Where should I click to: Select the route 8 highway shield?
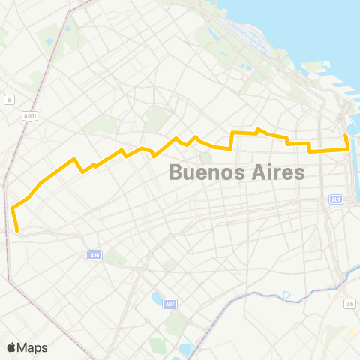coord(9,100)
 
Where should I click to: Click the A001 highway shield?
coord(29,116)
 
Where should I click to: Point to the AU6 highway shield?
coord(94,255)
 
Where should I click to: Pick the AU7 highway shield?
coord(170,303)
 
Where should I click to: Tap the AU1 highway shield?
coord(336,199)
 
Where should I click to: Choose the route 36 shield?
coord(349,303)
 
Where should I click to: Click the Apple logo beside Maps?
coord(11,347)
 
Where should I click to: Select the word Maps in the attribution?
coord(33,347)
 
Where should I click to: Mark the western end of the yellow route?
coord(16,231)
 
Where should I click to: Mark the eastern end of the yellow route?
coord(345,135)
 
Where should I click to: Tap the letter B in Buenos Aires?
coord(175,172)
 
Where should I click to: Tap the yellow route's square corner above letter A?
coord(231,133)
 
